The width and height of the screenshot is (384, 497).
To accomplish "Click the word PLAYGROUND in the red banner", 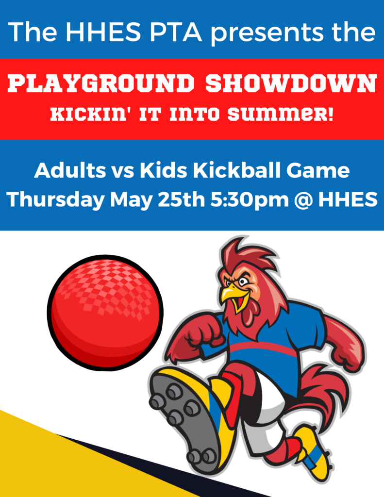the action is pos(100,83).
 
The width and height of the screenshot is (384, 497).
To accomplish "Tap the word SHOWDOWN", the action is pos(291,83).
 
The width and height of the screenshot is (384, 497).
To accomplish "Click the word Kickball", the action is pos(237,170).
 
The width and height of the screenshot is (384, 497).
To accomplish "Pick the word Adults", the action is pos(70,170).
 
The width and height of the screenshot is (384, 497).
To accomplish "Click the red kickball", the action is pos(105,313).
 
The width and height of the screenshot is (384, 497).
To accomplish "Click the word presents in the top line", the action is pos(267,33).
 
